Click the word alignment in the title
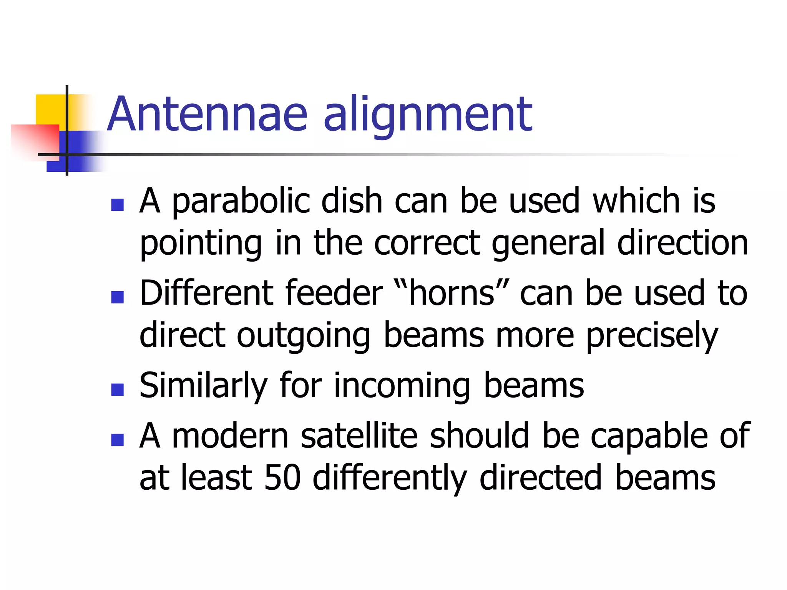(428, 115)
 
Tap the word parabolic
(241, 202)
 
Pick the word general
(548, 244)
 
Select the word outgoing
(303, 336)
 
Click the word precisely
(652, 336)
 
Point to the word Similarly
(203, 386)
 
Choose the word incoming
(402, 386)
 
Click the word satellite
(359, 436)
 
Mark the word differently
(390, 478)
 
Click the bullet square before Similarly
(117, 389)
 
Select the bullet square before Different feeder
(117, 297)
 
